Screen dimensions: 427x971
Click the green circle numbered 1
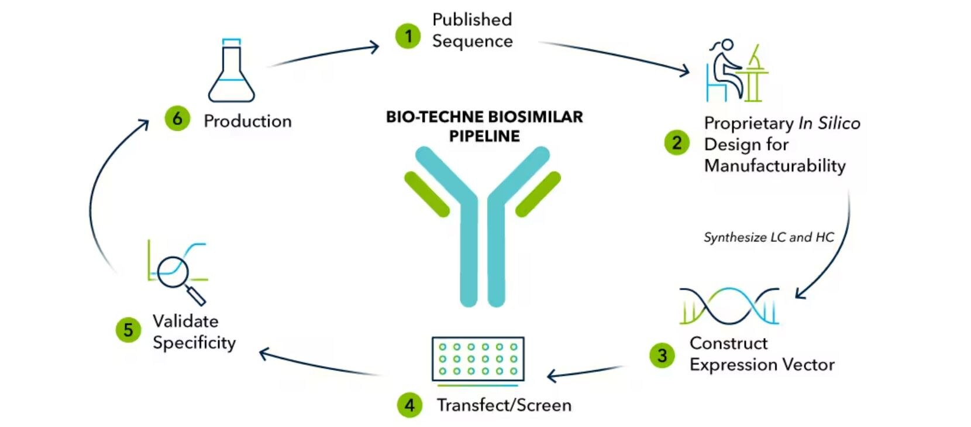coord(408,36)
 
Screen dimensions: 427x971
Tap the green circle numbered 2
coord(677,142)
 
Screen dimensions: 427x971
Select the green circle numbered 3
coord(662,355)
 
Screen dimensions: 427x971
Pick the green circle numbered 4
coord(409,405)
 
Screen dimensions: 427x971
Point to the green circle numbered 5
coord(128,330)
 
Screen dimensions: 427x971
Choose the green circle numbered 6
coord(177,119)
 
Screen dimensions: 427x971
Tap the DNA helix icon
coord(729,306)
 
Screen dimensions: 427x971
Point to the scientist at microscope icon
coord(736,71)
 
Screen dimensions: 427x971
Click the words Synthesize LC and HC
coord(768,237)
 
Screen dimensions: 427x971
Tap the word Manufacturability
coord(774,166)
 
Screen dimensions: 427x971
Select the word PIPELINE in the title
coord(484,136)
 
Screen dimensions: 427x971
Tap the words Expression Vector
coord(762,364)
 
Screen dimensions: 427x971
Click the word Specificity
coord(194,343)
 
